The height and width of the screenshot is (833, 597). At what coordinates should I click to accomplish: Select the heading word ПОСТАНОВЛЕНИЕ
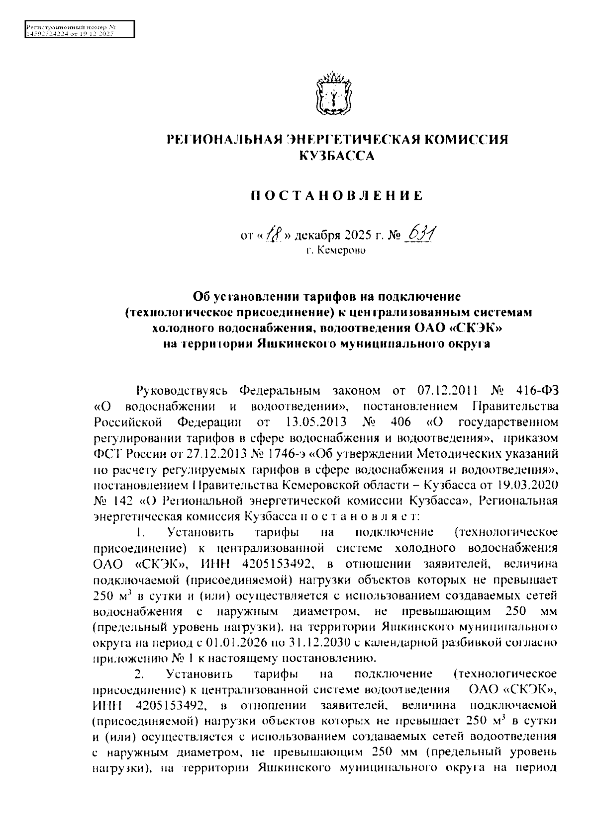click(336, 195)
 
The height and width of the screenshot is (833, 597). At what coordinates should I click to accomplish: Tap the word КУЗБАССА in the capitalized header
click(336, 156)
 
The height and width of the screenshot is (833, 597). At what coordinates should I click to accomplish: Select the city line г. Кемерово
click(336, 250)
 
